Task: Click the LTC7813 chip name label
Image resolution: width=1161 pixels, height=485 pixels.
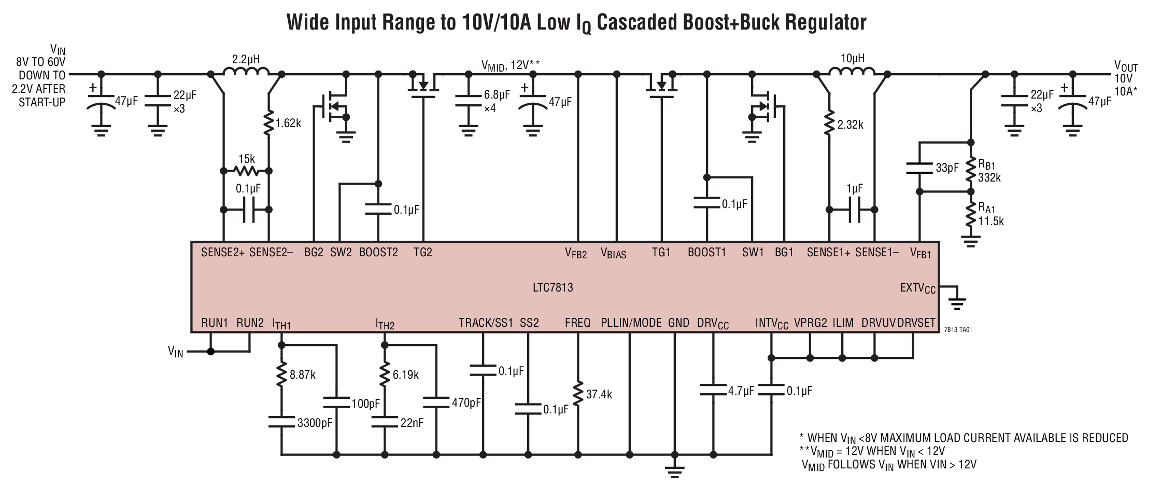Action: click(x=554, y=287)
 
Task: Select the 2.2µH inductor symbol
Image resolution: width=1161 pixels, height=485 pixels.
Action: click(x=246, y=72)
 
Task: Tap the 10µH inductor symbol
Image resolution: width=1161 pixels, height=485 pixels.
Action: click(x=853, y=72)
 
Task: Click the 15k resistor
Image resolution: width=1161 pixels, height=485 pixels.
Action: click(x=246, y=170)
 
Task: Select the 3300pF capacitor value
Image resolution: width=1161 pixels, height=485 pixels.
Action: click(x=315, y=423)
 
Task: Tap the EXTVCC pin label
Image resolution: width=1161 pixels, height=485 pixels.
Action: click(x=918, y=288)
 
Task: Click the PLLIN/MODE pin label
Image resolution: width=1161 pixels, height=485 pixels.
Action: click(x=631, y=323)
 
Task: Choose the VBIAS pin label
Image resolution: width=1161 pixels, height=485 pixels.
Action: click(x=613, y=254)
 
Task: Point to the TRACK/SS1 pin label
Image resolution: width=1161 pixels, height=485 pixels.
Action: click(x=485, y=323)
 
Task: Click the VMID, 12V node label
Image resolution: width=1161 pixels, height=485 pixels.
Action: click(x=511, y=65)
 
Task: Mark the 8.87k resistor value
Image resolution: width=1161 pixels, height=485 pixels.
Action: click(x=302, y=375)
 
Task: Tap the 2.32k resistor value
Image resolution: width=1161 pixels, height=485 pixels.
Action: click(x=850, y=124)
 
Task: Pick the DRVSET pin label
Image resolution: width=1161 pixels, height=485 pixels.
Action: click(x=916, y=323)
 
